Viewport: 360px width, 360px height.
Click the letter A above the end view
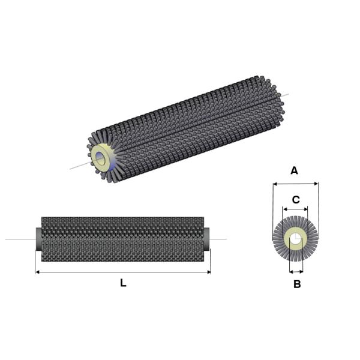point(294,171)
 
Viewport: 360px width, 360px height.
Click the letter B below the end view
point(297,284)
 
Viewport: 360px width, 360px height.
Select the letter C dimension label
point(295,199)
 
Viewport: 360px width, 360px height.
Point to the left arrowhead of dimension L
point(38,272)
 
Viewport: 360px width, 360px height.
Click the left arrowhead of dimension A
point(275,184)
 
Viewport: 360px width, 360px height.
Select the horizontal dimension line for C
point(295,209)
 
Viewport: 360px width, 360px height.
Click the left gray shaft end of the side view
point(38,239)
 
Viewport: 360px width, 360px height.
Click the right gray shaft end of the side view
point(207,239)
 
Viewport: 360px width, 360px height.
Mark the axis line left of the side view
point(18,239)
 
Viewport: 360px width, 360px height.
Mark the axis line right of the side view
point(219,239)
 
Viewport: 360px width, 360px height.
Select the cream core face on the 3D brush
point(106,152)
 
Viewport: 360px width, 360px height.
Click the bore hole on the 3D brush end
point(100,160)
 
